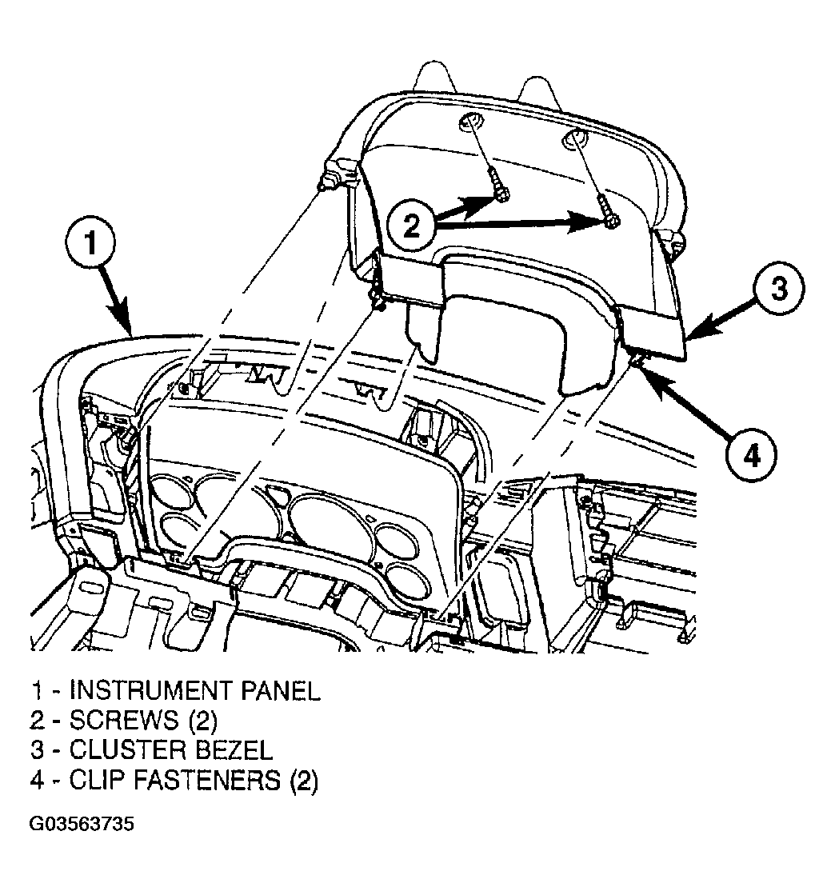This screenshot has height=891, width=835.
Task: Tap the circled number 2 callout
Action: tap(411, 226)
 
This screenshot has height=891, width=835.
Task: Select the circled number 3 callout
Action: tap(779, 287)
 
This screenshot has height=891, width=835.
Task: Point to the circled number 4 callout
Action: tap(751, 456)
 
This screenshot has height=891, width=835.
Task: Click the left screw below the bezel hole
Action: tap(500, 189)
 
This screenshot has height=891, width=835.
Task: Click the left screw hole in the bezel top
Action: tap(470, 122)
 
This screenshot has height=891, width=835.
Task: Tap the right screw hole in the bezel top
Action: tap(576, 138)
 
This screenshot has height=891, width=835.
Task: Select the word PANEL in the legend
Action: tap(281, 690)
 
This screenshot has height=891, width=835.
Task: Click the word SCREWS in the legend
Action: tap(124, 720)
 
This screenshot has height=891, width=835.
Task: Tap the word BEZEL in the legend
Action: tap(234, 749)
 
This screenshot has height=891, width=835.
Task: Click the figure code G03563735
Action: tap(82, 824)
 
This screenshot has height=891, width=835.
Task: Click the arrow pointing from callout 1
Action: tap(117, 299)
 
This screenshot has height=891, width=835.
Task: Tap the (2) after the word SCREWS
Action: tap(202, 721)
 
